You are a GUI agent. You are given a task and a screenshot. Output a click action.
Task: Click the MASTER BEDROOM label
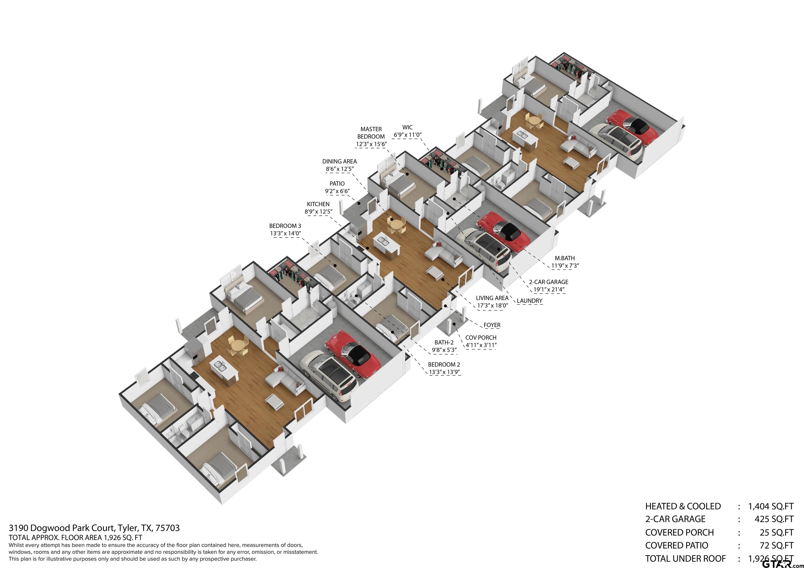pos(371,133)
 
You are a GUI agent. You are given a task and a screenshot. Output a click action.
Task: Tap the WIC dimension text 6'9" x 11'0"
pos(407,135)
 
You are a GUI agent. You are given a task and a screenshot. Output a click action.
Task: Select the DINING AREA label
pos(339,161)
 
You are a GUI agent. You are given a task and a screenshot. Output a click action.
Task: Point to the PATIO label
pos(337,183)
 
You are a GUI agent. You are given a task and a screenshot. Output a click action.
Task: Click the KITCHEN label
pos(318,204)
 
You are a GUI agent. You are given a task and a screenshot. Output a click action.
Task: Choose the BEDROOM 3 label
pos(285,226)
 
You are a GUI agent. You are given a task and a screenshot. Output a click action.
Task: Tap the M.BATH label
pos(565,258)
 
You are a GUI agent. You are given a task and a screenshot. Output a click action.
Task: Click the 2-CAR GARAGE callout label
pos(548,282)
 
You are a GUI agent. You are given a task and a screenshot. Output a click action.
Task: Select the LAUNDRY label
pos(529,301)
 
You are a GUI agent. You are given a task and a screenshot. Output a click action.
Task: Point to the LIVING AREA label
pos(492,298)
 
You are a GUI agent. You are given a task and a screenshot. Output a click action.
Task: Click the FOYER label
pos(492,325)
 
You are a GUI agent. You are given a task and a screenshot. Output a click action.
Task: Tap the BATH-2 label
pos(444,342)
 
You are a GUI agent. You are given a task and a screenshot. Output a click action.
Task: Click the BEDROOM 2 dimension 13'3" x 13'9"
pos(444,372)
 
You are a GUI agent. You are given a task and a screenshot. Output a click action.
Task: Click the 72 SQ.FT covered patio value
pos(776,545)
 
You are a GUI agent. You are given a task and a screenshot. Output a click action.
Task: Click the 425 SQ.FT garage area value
pos(774,519)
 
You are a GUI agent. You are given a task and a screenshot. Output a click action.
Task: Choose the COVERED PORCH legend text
pos(679,532)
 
